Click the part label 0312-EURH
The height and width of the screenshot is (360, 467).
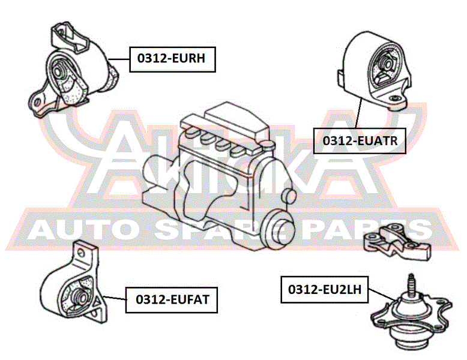pos(172,59)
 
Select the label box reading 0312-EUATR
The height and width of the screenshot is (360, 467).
pos(360,141)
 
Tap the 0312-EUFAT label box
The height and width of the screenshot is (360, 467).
pos(172,300)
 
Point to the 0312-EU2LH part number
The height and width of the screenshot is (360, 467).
pos(325,290)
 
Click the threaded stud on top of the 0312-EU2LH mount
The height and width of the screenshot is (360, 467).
pos(411,284)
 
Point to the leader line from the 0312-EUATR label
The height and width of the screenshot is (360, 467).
pos(358,113)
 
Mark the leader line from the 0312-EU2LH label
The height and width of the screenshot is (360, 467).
pos(382,295)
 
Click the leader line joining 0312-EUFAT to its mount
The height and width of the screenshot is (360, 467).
pos(115,298)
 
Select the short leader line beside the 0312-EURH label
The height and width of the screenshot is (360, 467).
pos(119,59)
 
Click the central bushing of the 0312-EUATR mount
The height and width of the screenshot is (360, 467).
pos(388,64)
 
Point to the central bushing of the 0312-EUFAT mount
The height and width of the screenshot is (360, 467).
pos(80,296)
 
